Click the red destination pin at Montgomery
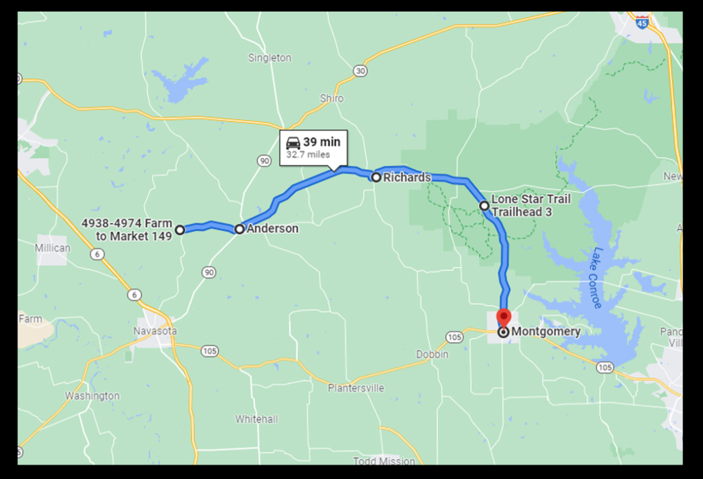[504, 318]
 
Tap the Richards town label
[406, 177]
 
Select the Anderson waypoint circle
[240, 229]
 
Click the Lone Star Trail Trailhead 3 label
[530, 206]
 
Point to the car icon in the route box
[293, 142]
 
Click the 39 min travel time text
[322, 142]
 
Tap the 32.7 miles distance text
[308, 154]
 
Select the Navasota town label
[154, 331]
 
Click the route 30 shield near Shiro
[360, 70]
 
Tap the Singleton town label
[269, 58]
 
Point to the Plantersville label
[356, 388]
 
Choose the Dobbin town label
[433, 354]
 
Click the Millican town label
[53, 247]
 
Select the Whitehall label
[256, 419]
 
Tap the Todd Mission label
[384, 461]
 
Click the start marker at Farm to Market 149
[180, 230]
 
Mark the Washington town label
[92, 396]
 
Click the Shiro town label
[332, 99]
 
